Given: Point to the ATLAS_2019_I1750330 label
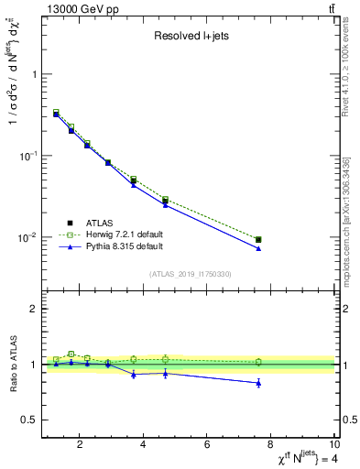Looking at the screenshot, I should point(191,274).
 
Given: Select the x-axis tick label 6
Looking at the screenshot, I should point(207,446).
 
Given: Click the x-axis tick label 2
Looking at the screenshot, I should point(81,446).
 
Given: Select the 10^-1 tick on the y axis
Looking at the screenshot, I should point(27,156).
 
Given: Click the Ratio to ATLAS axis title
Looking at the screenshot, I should point(13,364).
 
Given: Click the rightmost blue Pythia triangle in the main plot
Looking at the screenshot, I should point(258,248).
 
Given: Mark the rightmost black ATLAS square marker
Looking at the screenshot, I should point(258,240).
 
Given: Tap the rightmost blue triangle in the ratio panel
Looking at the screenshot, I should point(258,383).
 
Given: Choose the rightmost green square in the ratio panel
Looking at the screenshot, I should point(258,362).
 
